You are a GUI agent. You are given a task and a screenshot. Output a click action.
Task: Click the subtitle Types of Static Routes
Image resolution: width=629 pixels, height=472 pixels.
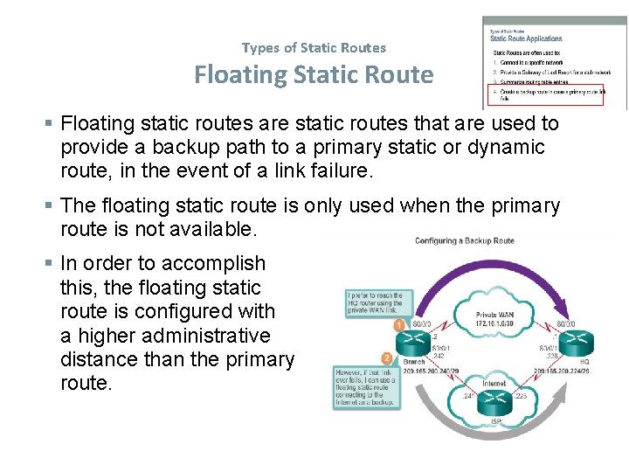[x=314, y=47]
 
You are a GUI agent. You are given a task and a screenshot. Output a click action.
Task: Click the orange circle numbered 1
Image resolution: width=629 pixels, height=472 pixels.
[x=398, y=325]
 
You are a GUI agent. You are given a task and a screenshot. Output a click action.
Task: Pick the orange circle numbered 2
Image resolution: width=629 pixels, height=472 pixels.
[x=387, y=357]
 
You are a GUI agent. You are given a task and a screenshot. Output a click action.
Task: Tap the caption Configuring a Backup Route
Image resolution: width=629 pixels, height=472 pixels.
[x=464, y=240]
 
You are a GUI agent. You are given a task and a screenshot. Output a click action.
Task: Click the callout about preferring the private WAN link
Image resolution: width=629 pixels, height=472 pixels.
[x=374, y=302]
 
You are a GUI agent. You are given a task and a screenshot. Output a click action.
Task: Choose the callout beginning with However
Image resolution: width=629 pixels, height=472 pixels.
[x=365, y=388]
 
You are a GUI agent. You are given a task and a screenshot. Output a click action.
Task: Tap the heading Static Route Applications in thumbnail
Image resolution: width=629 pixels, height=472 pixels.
[x=526, y=38]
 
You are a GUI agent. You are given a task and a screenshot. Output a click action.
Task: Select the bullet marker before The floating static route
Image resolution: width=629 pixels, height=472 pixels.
[x=51, y=206]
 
